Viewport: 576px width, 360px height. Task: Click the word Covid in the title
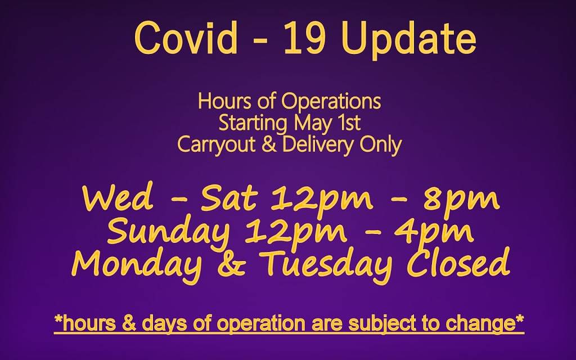pos(186,38)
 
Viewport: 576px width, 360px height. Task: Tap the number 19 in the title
pos(304,38)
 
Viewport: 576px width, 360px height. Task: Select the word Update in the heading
pos(408,40)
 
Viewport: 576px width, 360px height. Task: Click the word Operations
pos(331,102)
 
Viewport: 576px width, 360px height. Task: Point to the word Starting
pos(253,124)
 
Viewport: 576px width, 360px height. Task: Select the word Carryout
pos(216,145)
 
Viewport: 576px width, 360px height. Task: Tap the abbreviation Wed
pos(118,199)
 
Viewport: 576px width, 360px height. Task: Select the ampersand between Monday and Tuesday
pos(231,264)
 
